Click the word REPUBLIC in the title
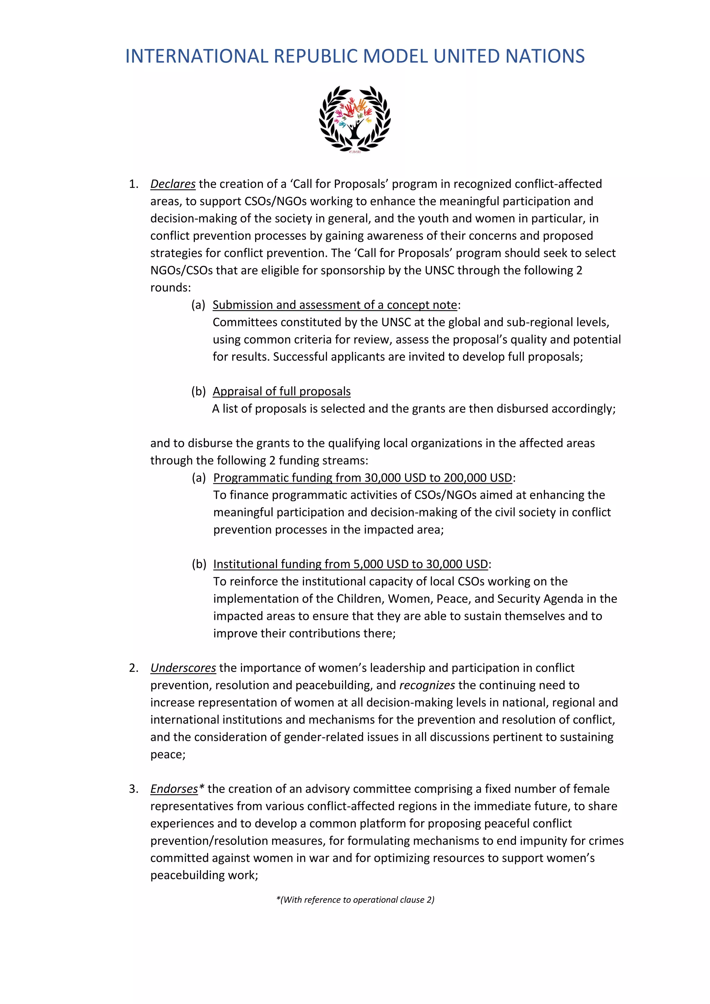pyautogui.click(x=315, y=57)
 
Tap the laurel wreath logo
pyautogui.click(x=355, y=119)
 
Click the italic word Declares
pyautogui.click(x=173, y=184)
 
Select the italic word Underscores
pyautogui.click(x=183, y=668)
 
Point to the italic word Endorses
pyautogui.click(x=174, y=789)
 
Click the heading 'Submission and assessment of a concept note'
pyautogui.click(x=335, y=305)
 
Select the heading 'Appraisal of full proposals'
pyautogui.click(x=282, y=391)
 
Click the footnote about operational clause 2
pyautogui.click(x=355, y=900)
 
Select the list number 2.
pyautogui.click(x=133, y=668)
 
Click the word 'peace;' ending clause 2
pyautogui.click(x=168, y=755)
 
